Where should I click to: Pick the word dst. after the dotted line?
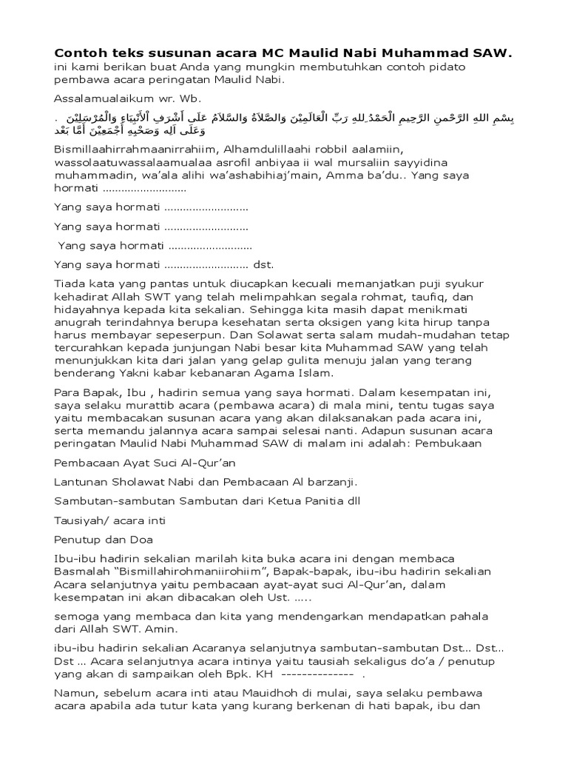pos(264,264)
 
